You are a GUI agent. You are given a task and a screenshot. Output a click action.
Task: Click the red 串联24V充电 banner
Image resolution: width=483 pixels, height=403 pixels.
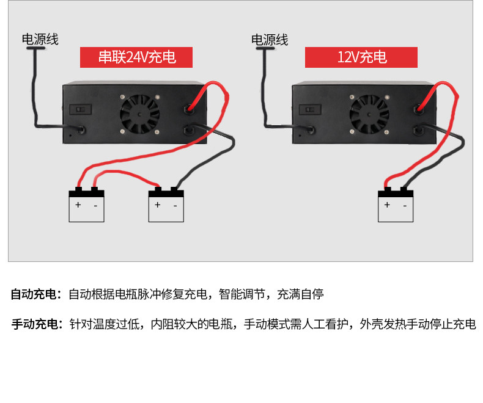pos(137,57)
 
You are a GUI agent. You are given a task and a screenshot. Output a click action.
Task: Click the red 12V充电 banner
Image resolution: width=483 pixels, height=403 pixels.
pos(361,57)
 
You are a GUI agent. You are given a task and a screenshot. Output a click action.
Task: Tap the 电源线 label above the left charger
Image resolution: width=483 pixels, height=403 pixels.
pos(40,40)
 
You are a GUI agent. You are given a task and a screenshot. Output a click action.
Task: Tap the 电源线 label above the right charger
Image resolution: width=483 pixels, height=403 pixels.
pos(270,40)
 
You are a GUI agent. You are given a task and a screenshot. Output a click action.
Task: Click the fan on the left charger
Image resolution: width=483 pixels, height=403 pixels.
pos(139,114)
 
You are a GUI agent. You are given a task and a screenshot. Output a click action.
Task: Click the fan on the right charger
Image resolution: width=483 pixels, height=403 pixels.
pos(368,114)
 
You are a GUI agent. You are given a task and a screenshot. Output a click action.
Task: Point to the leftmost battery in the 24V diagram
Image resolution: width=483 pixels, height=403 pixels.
pos(86,205)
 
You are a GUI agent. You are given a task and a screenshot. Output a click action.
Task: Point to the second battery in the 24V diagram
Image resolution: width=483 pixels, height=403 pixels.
pos(166,205)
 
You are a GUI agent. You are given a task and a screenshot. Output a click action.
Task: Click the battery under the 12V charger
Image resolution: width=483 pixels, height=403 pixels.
pos(396,205)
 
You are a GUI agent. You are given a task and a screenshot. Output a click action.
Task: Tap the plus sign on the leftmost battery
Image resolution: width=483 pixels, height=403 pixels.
pos(78,205)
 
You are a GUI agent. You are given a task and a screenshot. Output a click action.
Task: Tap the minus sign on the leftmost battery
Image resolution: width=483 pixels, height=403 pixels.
pos(95,205)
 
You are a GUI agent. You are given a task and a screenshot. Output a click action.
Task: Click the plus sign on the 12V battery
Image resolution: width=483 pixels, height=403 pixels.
pos(386,205)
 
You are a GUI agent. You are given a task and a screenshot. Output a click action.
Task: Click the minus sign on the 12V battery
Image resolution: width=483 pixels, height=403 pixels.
pos(404,205)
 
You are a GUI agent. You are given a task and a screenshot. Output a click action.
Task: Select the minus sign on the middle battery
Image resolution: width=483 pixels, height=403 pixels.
pos(175,205)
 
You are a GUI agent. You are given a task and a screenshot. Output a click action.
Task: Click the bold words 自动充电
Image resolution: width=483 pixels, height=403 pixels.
pos(34,294)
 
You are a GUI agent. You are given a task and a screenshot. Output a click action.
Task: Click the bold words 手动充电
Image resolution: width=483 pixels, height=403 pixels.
pos(34,324)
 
